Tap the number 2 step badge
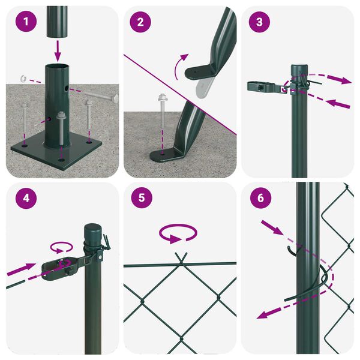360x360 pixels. point(140,23)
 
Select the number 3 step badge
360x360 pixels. point(259,23)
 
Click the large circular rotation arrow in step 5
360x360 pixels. point(179,233)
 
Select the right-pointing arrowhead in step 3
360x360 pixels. point(344,80)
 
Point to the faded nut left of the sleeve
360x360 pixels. point(23,78)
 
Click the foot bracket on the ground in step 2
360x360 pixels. point(166,155)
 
